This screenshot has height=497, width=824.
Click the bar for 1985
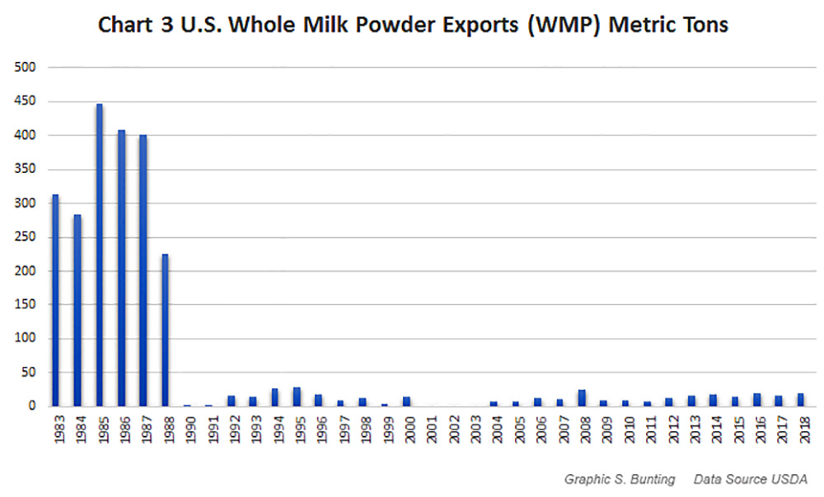click(99, 256)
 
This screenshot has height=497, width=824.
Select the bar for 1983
click(55, 301)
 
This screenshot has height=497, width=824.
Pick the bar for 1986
click(121, 268)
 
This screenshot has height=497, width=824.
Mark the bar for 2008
click(581, 398)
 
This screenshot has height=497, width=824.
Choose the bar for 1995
click(297, 396)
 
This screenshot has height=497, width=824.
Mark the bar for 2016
click(756, 400)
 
